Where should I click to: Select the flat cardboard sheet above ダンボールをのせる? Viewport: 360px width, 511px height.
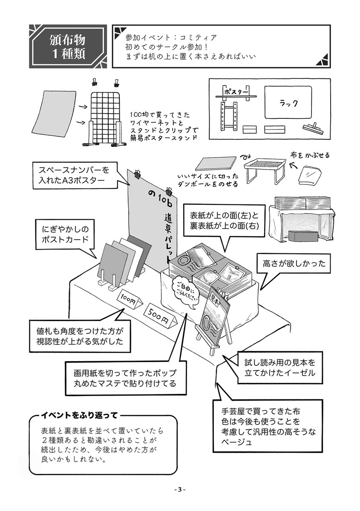[x=216, y=165]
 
